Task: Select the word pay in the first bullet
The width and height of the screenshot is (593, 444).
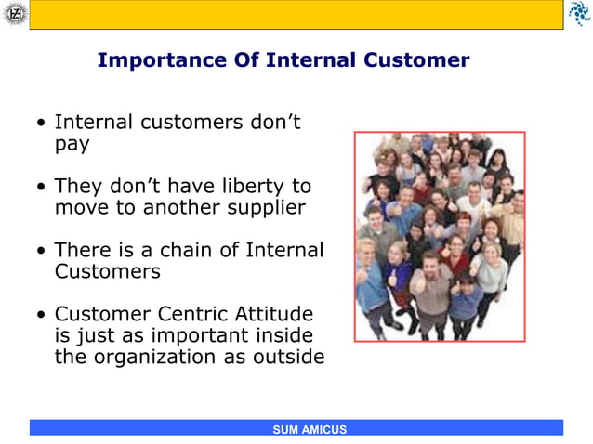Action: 72,145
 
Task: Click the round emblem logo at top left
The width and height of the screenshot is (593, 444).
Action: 14,13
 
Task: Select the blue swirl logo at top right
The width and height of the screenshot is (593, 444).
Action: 578,13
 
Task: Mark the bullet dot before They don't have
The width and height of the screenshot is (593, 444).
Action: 42,187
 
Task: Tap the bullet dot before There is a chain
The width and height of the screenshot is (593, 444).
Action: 42,251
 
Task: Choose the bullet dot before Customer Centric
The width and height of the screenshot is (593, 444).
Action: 42,315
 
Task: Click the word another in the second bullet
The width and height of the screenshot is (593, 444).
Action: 183,207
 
